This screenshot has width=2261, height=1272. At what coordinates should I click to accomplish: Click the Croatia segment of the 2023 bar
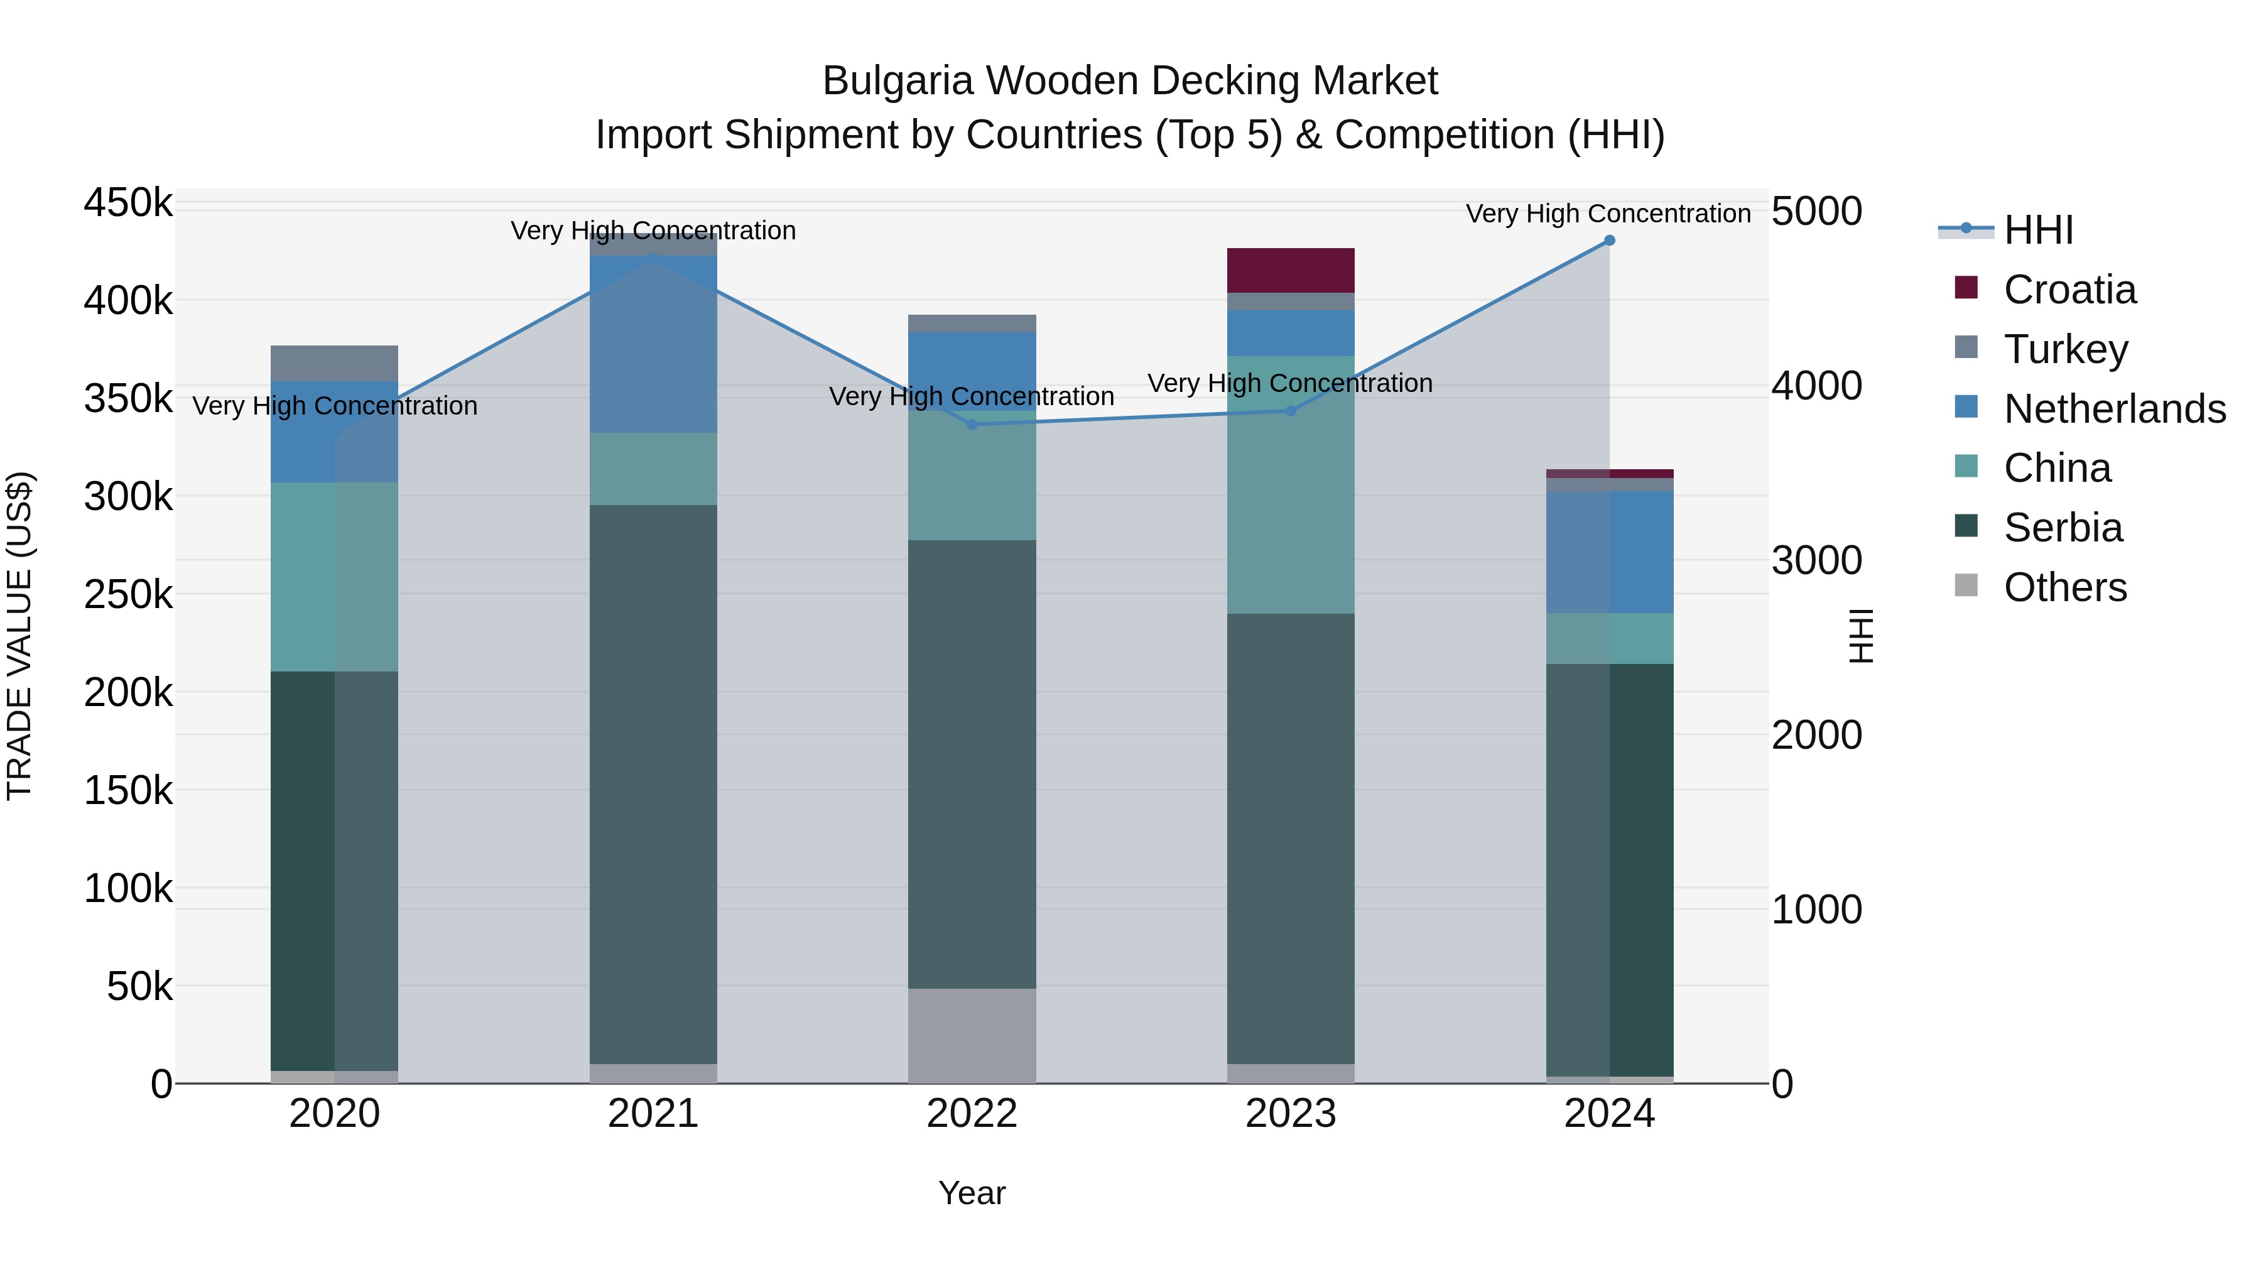point(1289,270)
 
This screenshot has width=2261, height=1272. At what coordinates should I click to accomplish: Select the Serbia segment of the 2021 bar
point(653,784)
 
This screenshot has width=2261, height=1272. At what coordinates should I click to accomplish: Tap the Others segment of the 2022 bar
point(972,1035)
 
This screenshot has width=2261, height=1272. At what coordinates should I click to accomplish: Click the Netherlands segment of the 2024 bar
point(1609,552)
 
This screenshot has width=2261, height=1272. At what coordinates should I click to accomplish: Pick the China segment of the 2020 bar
point(333,576)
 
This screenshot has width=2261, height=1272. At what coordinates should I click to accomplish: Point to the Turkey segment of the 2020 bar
point(333,364)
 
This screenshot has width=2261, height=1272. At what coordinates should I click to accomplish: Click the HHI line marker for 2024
point(1609,241)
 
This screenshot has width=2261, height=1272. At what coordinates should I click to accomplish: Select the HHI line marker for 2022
point(972,425)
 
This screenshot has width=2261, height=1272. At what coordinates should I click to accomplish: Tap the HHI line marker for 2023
point(1290,411)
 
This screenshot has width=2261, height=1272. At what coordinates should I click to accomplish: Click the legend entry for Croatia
point(2069,290)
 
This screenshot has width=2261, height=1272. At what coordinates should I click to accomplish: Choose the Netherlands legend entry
point(2113,409)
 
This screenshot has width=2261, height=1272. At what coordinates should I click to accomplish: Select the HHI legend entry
point(2038,230)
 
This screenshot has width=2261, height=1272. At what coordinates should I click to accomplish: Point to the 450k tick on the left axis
point(128,204)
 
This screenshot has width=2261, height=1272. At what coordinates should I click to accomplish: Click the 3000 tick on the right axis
point(1816,561)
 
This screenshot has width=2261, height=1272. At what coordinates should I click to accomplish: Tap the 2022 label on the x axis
point(972,1114)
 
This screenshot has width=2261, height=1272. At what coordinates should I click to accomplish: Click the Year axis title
point(972,1193)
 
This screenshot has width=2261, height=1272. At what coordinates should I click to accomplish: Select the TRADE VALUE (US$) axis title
point(20,636)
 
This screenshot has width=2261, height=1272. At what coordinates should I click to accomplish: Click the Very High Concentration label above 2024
point(1607,214)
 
